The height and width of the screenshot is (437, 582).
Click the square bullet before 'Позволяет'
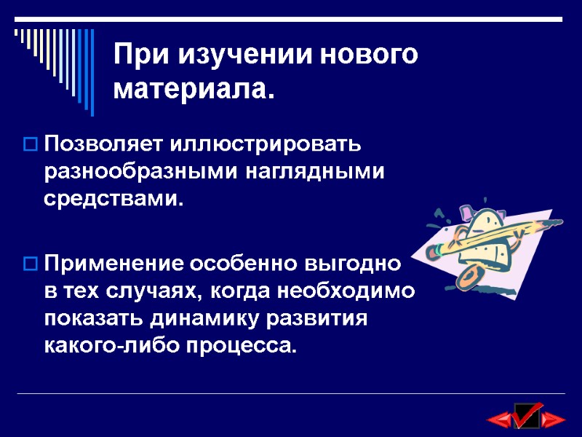[x=31, y=143]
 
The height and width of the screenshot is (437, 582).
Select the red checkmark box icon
[x=526, y=416]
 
